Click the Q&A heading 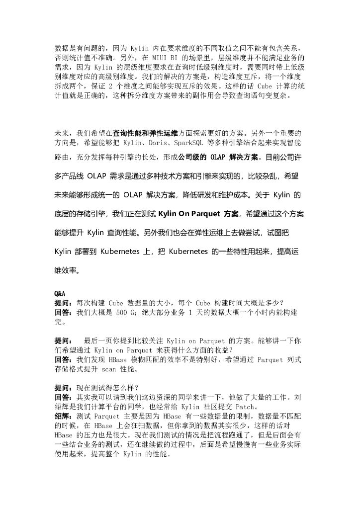pyautogui.click(x=60, y=294)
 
